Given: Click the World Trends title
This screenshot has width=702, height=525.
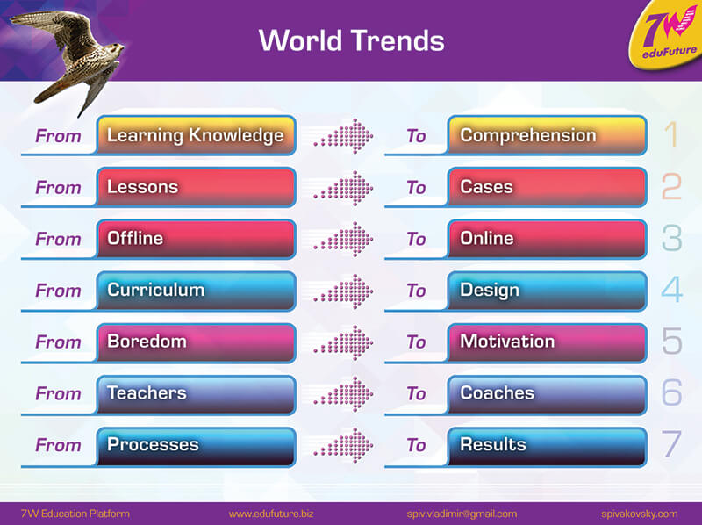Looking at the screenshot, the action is pyautogui.click(x=352, y=40).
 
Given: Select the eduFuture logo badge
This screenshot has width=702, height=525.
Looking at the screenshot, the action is pyautogui.click(x=667, y=36).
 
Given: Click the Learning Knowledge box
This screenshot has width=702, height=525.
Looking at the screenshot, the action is pyautogui.click(x=196, y=135).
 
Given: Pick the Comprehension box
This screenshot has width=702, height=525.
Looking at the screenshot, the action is pyautogui.click(x=547, y=135).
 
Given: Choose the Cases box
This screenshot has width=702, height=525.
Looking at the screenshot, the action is pyautogui.click(x=547, y=187).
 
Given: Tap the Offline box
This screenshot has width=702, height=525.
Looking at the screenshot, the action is pyautogui.click(x=196, y=239).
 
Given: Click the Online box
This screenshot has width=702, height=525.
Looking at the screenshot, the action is pyautogui.click(x=547, y=239).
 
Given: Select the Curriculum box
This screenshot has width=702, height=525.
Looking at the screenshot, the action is pyautogui.click(x=196, y=291).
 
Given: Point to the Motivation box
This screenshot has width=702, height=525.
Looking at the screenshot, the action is pyautogui.click(x=547, y=342).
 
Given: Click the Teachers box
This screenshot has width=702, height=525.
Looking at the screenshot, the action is pyautogui.click(x=196, y=394).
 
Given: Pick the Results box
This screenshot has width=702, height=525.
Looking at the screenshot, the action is pyautogui.click(x=547, y=446).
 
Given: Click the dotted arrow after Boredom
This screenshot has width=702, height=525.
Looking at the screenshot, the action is pyautogui.click(x=344, y=342).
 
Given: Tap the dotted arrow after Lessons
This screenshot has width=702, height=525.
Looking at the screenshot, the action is pyautogui.click(x=344, y=188).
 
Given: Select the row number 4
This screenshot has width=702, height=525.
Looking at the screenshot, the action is pyautogui.click(x=672, y=290).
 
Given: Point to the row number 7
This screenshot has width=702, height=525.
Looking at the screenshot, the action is pyautogui.click(x=671, y=444).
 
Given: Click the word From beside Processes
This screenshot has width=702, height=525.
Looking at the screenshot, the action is pyautogui.click(x=58, y=445).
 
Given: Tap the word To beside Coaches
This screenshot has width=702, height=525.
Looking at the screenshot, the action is pyautogui.click(x=416, y=393).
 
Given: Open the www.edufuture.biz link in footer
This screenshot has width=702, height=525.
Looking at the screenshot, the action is pyautogui.click(x=271, y=514).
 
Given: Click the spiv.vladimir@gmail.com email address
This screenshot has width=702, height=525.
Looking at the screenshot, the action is pyautogui.click(x=462, y=514).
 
